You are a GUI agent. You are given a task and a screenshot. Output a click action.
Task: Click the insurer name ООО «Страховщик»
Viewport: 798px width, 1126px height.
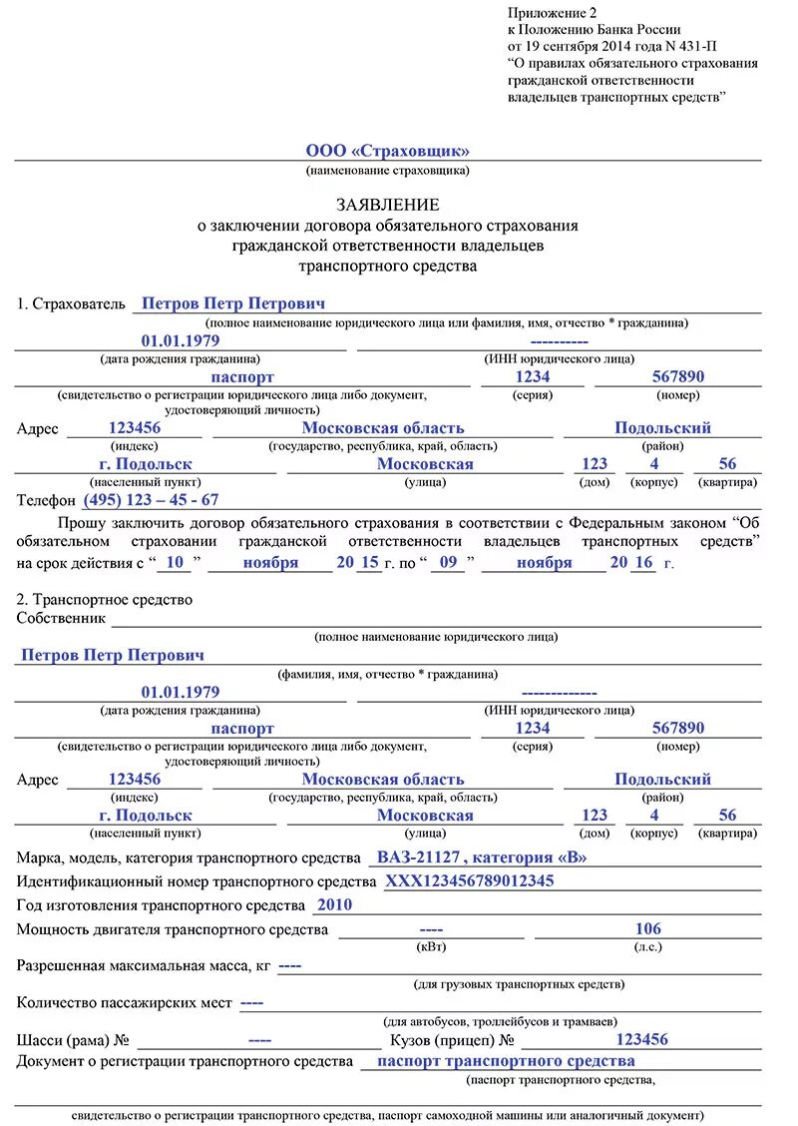pos(387,151)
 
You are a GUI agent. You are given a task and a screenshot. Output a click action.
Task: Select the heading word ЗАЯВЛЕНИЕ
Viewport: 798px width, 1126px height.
pos(387,204)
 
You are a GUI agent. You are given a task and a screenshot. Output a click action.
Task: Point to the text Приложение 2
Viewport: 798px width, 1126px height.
pos(551,12)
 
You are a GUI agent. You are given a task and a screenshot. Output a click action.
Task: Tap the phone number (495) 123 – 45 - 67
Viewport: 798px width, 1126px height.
pos(151,500)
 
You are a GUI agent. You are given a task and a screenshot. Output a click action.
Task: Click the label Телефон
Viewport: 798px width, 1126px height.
pos(46,500)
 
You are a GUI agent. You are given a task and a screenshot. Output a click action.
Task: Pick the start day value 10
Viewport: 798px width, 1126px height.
pos(176,562)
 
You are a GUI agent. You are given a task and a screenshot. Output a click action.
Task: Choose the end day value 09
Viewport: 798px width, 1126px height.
pos(449,562)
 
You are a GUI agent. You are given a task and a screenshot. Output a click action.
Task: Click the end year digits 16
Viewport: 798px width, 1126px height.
pos(643,562)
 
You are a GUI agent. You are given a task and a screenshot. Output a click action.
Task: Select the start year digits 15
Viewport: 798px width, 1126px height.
pos(369,562)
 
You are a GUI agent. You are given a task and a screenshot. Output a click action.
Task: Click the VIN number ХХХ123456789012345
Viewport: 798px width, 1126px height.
pos(469,881)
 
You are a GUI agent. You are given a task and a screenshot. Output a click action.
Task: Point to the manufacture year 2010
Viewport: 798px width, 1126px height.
pos(334,905)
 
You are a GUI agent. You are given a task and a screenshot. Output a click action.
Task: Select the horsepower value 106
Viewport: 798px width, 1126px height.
pos(648,929)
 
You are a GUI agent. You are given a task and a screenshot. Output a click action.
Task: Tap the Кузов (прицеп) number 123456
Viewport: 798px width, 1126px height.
pos(641,1039)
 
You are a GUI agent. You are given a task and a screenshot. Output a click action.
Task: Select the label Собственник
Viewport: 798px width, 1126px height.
pos(61,618)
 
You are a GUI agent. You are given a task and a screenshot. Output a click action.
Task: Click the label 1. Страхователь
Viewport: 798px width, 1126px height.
pos(71,303)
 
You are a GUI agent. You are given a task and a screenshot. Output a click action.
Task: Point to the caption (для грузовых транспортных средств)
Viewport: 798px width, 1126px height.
pos(519,984)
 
